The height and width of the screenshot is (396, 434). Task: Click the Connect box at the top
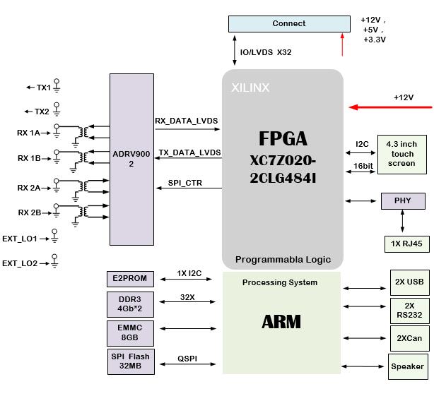[288, 24]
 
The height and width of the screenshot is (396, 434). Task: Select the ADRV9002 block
[131, 159]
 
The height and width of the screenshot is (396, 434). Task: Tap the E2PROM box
[130, 279]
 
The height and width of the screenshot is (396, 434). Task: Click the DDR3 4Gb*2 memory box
[130, 304]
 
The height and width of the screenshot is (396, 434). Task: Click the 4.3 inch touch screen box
[401, 154]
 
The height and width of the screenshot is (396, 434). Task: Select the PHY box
[401, 201]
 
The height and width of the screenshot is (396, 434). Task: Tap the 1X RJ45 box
[401, 244]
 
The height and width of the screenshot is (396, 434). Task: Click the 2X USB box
[409, 282]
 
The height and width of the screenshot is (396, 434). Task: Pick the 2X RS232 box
[409, 311]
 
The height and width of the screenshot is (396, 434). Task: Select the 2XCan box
[409, 339]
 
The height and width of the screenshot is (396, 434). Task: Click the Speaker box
[408, 366]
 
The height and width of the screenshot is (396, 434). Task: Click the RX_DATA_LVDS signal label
[187, 121]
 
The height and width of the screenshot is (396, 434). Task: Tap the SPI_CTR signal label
[184, 183]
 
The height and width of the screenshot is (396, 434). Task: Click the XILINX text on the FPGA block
[250, 88]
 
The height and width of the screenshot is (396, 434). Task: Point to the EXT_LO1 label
[20, 239]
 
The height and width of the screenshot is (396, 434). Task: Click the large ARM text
[281, 323]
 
